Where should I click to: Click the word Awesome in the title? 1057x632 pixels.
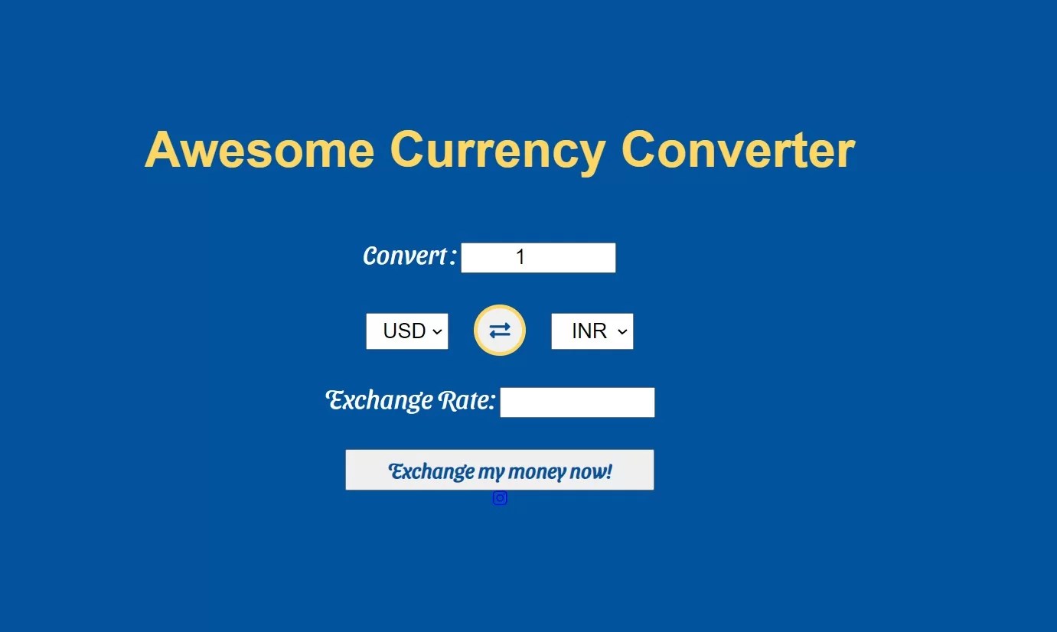259,150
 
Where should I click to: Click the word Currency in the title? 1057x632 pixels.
498,150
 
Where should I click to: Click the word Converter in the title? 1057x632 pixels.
737,150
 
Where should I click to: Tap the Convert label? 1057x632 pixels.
406,256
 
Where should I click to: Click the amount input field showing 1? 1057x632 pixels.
538,258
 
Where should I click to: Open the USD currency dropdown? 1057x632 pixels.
407,331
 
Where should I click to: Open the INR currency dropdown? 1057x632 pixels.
592,331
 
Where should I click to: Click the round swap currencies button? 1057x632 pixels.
500,331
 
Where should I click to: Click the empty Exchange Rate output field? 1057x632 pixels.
577,402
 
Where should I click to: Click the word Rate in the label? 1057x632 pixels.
466,400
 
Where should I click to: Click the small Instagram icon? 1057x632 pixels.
500,498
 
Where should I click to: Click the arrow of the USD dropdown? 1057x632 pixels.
437,331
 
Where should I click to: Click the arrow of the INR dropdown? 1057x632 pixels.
622,331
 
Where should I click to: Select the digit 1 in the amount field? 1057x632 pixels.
520,258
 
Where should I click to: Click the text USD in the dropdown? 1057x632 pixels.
404,331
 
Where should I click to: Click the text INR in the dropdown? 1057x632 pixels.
589,331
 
